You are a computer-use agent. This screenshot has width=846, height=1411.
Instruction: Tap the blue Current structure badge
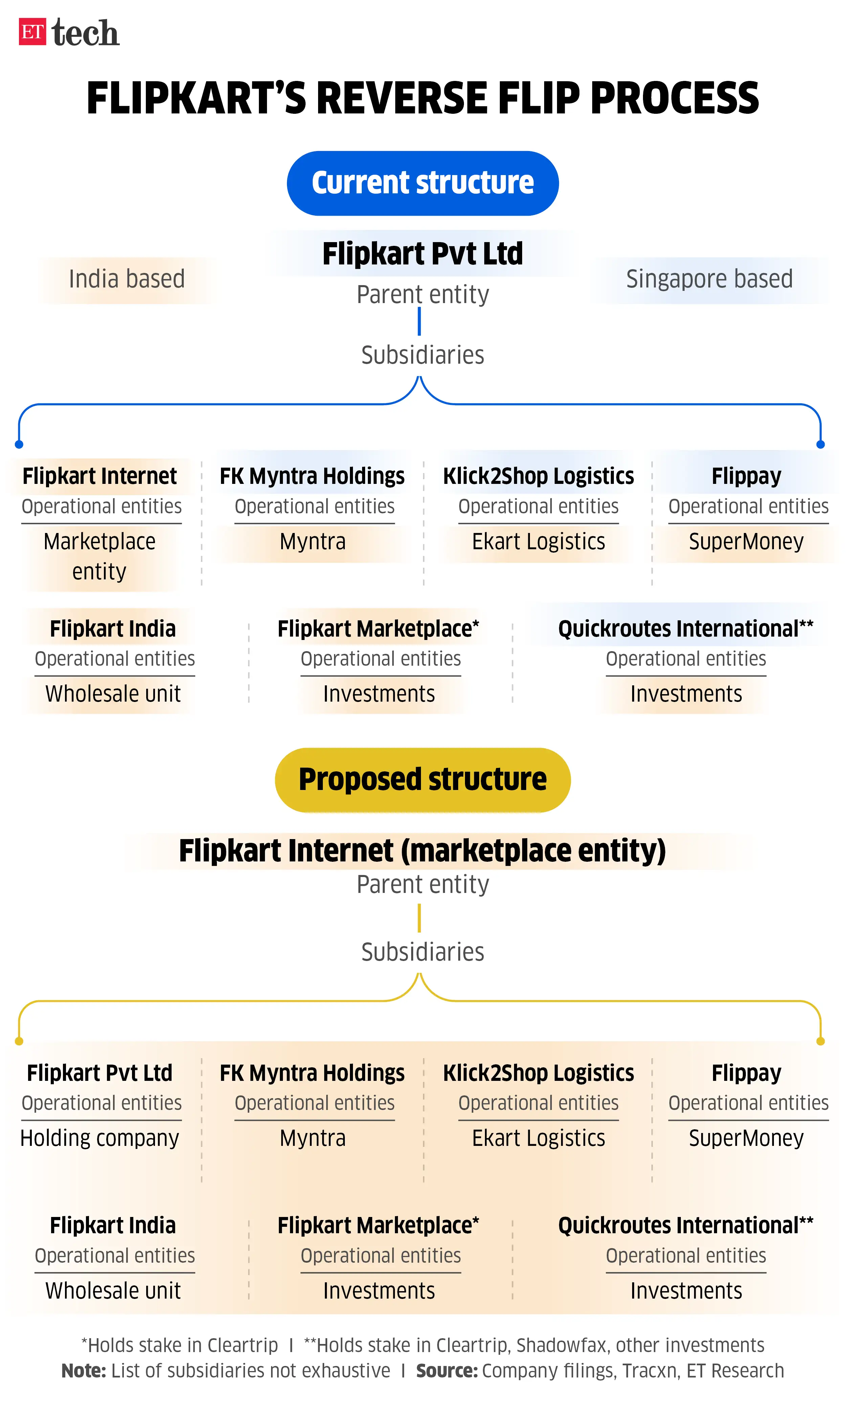pyautogui.click(x=422, y=183)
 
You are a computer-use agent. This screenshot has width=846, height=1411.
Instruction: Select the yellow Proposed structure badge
pyautogui.click(x=422, y=779)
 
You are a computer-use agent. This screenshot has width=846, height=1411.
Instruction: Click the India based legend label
pyautogui.click(x=127, y=279)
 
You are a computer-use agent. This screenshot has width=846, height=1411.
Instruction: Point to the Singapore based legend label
pyautogui.click(x=709, y=279)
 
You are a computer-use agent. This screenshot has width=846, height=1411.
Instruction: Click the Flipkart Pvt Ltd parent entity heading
pyautogui.click(x=422, y=254)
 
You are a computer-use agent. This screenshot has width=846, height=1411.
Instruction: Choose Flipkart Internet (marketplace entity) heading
pyautogui.click(x=422, y=851)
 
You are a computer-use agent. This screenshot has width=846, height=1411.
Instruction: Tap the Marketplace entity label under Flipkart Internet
pyautogui.click(x=100, y=556)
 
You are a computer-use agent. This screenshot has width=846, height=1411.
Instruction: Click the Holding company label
pyautogui.click(x=100, y=1138)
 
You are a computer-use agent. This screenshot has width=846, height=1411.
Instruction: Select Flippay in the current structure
pyautogui.click(x=746, y=476)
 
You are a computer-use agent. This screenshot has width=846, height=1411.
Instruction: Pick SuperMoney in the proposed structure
pyautogui.click(x=746, y=1138)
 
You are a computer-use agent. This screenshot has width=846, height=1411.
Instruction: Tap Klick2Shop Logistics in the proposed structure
pyautogui.click(x=538, y=1073)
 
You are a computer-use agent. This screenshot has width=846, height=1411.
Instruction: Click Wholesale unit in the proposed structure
pyautogui.click(x=113, y=1291)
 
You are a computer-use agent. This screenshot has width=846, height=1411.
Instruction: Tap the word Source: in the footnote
pyautogui.click(x=446, y=1370)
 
